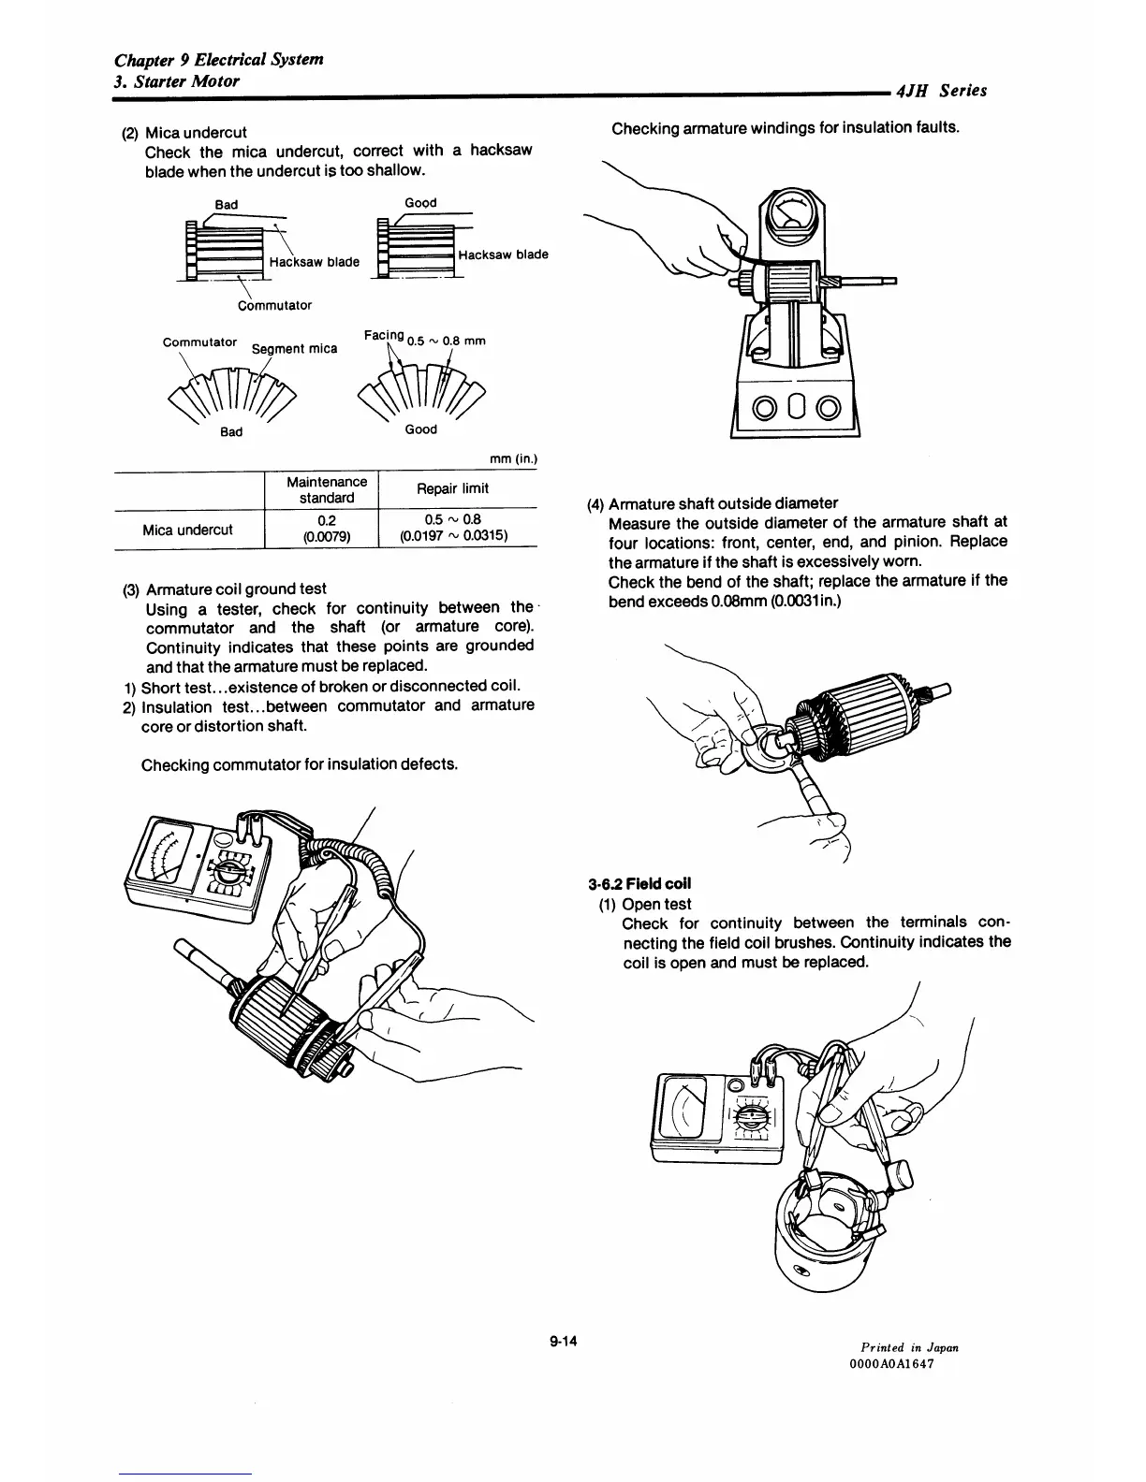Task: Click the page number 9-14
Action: coord(566,1342)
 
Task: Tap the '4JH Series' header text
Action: coord(941,91)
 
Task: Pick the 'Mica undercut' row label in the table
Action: coord(187,530)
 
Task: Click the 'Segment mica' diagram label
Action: coord(295,349)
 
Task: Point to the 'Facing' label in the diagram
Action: coord(383,335)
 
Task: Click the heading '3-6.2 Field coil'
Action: coord(639,883)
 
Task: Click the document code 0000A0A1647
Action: coord(891,1363)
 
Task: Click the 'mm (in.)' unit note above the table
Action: coord(512,459)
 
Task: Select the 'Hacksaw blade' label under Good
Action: coord(503,254)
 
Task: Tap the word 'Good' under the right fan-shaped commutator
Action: coord(420,429)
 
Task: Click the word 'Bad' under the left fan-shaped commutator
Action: coord(231,431)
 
